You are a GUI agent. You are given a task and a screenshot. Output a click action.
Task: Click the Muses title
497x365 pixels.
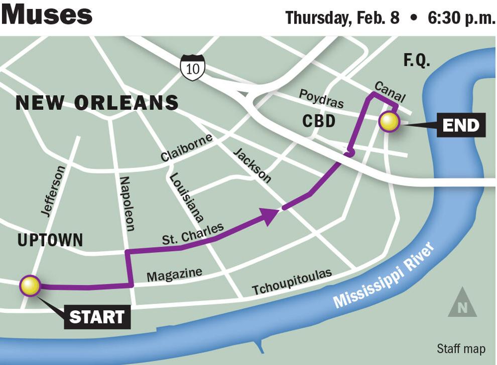point(47,15)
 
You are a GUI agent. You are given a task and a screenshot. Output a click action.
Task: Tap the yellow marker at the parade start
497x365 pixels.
point(30,286)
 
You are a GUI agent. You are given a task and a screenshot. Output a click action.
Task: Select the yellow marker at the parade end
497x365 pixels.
point(389,122)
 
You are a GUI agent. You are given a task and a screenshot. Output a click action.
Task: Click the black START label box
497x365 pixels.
point(97,317)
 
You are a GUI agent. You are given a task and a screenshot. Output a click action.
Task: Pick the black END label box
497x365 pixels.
point(461,125)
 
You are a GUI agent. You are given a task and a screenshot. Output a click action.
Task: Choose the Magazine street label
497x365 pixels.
point(174,274)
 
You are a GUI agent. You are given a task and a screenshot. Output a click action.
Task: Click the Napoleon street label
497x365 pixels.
point(127,204)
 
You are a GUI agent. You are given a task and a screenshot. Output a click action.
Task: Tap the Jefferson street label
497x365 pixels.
point(53,191)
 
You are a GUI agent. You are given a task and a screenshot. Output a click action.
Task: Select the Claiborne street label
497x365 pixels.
point(186,147)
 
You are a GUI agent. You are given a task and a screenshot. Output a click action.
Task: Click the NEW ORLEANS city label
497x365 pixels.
point(97,102)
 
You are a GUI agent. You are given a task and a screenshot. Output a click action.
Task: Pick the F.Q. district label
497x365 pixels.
point(417,61)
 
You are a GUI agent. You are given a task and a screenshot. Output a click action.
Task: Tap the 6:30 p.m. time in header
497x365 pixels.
point(461,18)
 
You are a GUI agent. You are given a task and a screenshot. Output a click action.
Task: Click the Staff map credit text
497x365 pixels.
point(460,348)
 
